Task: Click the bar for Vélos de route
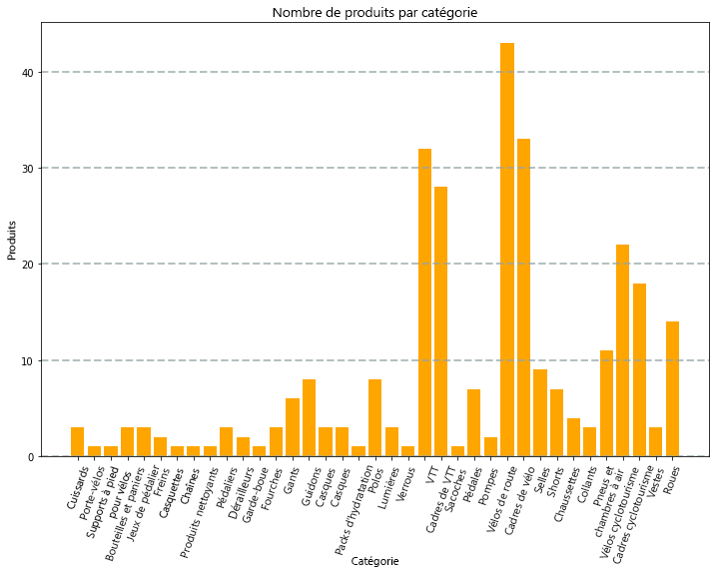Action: [507, 250]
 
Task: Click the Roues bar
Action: [673, 389]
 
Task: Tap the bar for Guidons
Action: [309, 418]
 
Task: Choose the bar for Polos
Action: [374, 418]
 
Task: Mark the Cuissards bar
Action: [77, 442]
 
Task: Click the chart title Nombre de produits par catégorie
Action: [374, 13]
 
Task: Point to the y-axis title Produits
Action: [12, 240]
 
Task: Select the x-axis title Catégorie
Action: [374, 562]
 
